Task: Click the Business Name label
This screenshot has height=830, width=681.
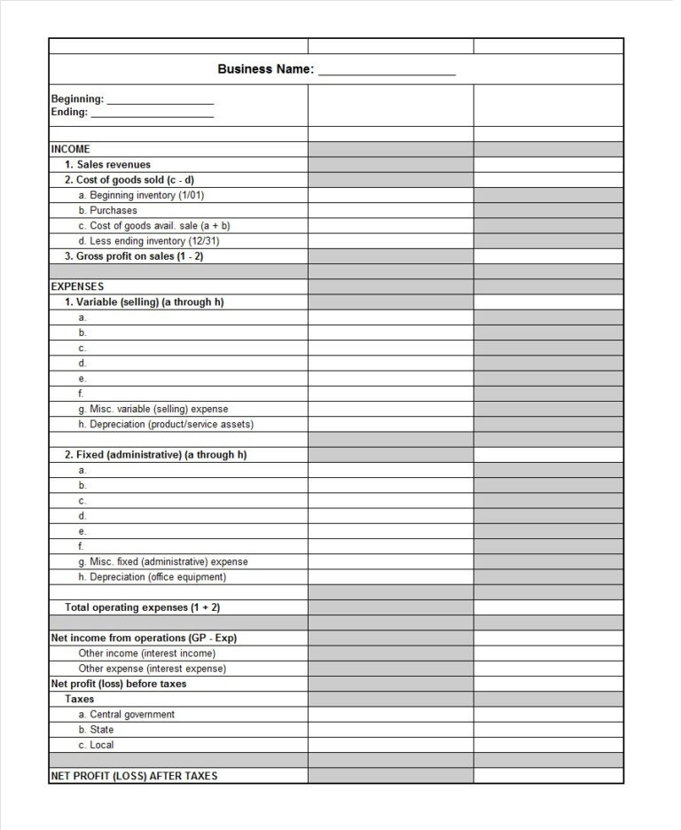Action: pyautogui.click(x=265, y=69)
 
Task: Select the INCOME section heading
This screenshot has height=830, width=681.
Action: pyautogui.click(x=71, y=149)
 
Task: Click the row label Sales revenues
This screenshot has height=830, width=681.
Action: pyautogui.click(x=107, y=164)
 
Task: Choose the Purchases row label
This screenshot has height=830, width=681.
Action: pyautogui.click(x=107, y=210)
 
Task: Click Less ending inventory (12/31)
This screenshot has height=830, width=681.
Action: pyautogui.click(x=144, y=240)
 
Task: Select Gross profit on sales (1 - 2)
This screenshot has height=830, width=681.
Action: pyautogui.click(x=133, y=256)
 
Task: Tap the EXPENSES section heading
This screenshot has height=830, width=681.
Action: pyautogui.click(x=77, y=286)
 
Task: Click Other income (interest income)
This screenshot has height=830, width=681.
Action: pyautogui.click(x=147, y=654)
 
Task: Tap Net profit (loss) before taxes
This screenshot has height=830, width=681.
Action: pyautogui.click(x=119, y=684)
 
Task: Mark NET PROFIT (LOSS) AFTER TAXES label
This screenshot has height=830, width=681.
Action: pyautogui.click(x=134, y=776)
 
